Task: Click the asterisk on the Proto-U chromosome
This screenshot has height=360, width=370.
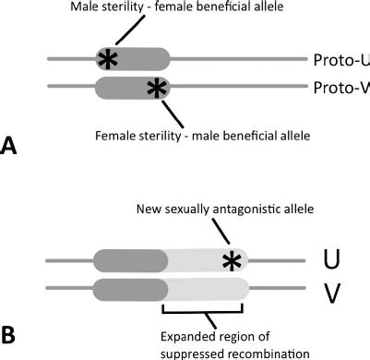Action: click(x=108, y=60)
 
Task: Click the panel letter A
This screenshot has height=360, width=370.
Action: click(x=12, y=146)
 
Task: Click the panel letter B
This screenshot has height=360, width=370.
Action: click(x=12, y=329)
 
